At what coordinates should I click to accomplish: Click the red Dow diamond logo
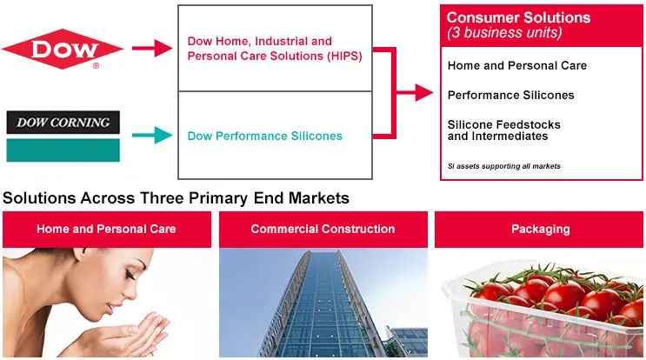tap(63, 49)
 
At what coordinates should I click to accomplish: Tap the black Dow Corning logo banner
tap(63, 123)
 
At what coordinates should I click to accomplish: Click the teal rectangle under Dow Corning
tap(63, 150)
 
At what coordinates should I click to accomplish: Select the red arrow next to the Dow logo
tap(152, 48)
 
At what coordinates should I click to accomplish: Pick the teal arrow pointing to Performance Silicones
tap(152, 135)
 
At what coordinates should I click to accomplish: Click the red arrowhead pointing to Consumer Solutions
tap(424, 92)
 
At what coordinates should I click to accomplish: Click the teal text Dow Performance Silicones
tap(264, 136)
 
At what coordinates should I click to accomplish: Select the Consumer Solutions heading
tap(518, 17)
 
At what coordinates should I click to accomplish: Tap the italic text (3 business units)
tap(504, 32)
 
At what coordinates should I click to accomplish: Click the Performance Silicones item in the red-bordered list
tap(511, 95)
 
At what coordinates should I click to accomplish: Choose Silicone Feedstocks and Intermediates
tap(504, 130)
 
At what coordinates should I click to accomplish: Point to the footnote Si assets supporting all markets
tap(504, 166)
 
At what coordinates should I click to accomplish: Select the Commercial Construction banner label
tap(323, 229)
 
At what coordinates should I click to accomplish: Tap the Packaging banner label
tap(541, 230)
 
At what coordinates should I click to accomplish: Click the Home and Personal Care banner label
tap(106, 229)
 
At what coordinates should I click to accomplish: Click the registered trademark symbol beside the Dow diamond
tap(96, 65)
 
